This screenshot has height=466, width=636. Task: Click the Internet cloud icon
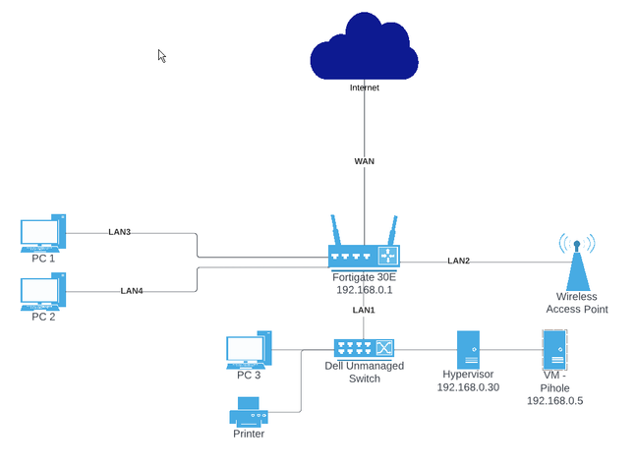coord(364,51)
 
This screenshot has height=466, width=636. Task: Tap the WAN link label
coord(364,161)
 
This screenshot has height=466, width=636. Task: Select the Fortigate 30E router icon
coord(365,254)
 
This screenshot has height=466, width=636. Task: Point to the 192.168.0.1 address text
coord(364,290)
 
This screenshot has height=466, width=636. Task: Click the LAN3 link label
coord(120,232)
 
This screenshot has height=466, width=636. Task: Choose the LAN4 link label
coord(133,291)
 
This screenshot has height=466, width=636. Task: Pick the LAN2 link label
coord(458,261)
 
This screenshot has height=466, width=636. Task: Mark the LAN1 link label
coord(364,310)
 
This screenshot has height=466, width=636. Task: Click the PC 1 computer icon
coord(42,235)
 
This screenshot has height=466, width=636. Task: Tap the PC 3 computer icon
coord(247,352)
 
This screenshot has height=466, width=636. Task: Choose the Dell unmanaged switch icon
coord(364,347)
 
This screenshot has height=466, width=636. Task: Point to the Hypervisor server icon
coord(468,349)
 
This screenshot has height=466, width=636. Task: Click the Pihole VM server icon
coord(554,349)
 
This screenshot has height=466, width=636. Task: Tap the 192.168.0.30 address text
coord(468,387)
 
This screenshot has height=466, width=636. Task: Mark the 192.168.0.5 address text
coord(554,401)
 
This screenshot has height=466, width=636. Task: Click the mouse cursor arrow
coord(162,56)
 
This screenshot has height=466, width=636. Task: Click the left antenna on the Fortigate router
coord(336,231)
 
